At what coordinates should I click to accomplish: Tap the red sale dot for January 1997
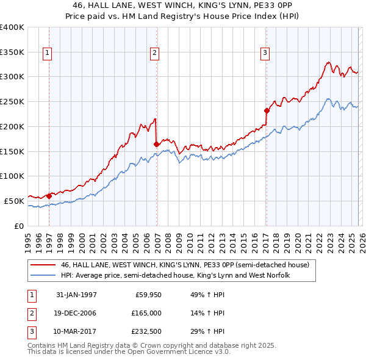[x=49, y=196]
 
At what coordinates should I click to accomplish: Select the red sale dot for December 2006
[x=157, y=144]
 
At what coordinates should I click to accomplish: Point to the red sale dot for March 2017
[x=267, y=110]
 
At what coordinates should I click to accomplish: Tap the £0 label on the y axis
[x=18, y=226]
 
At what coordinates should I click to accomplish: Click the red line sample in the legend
[x=43, y=265]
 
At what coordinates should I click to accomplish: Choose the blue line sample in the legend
[x=43, y=275]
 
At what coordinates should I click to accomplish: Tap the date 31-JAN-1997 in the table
[x=76, y=294]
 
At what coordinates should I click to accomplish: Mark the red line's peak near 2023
[x=328, y=62]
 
